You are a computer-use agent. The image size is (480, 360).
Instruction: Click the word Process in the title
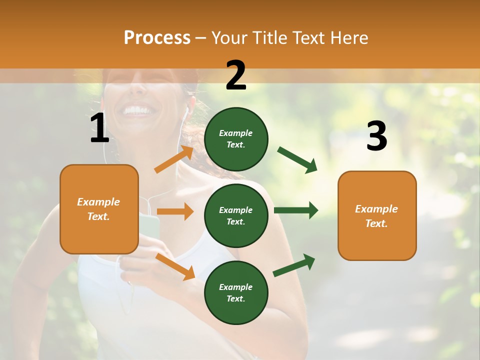pos(157,38)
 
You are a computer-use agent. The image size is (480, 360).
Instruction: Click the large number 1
pos(99,128)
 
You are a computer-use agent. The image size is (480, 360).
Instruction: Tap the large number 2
pos(236,75)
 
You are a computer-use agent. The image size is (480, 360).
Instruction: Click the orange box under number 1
pos(99,209)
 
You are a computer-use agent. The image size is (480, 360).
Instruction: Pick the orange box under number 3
pos(377,215)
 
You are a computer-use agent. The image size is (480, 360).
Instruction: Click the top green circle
pos(236,139)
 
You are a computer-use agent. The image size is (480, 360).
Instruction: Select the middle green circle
pos(236,215)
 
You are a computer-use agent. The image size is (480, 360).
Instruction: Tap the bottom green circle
pos(236,292)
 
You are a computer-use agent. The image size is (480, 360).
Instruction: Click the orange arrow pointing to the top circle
pos(174,159)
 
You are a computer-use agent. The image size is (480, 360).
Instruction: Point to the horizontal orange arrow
pos(175,211)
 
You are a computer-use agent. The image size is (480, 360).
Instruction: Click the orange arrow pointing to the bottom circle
pos(175,266)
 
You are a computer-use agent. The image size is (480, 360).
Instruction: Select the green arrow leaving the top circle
pos(297,159)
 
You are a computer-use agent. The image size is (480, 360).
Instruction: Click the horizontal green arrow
pos(296,210)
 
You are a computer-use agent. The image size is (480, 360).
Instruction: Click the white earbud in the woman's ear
pos(187,109)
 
